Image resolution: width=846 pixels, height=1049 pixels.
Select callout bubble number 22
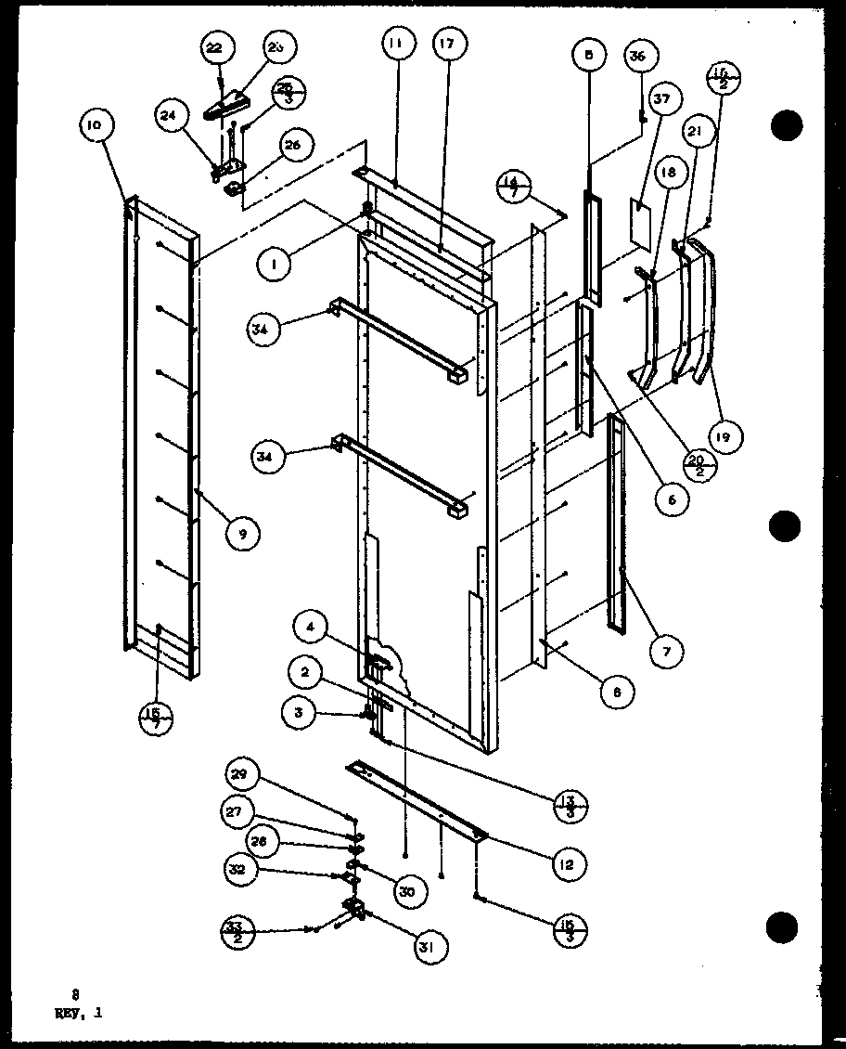(215, 48)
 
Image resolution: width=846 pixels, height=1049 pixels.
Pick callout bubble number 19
(727, 435)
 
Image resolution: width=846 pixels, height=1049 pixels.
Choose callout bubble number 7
(666, 653)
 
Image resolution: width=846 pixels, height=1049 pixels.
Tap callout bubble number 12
(567, 864)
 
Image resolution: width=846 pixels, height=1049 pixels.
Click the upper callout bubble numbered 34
(264, 330)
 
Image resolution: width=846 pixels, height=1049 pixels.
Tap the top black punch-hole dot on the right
(784, 123)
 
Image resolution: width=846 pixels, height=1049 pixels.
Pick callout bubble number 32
(237, 870)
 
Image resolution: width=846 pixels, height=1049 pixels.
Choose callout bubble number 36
(637, 57)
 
